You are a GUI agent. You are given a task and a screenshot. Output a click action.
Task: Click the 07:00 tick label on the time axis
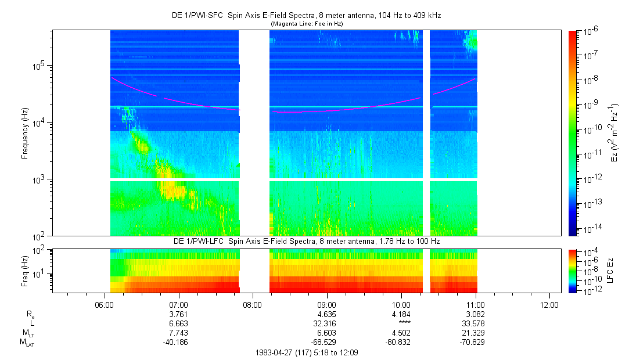pos(178,305)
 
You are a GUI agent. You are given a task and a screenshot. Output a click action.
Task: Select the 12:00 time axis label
pos(549,305)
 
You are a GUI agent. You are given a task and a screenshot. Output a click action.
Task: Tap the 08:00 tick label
pos(252,305)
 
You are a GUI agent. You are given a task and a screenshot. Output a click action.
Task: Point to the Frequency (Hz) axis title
pos(25,133)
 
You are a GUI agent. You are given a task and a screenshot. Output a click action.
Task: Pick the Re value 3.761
pos(178,314)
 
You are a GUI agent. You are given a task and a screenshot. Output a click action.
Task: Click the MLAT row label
pos(27,343)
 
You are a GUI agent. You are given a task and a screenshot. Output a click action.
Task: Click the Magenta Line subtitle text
pos(307,24)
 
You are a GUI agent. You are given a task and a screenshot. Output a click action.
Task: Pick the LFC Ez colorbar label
pos(610,270)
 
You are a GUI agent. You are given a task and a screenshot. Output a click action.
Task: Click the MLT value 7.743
pos(178,333)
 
